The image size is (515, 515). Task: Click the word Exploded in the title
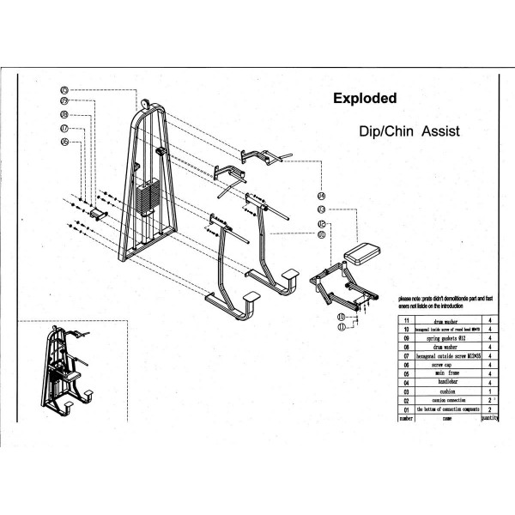tap(365, 99)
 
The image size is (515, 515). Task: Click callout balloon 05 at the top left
tap(64, 89)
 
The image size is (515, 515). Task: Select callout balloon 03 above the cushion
tap(322, 209)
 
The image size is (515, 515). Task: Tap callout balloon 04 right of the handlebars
tap(322, 196)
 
